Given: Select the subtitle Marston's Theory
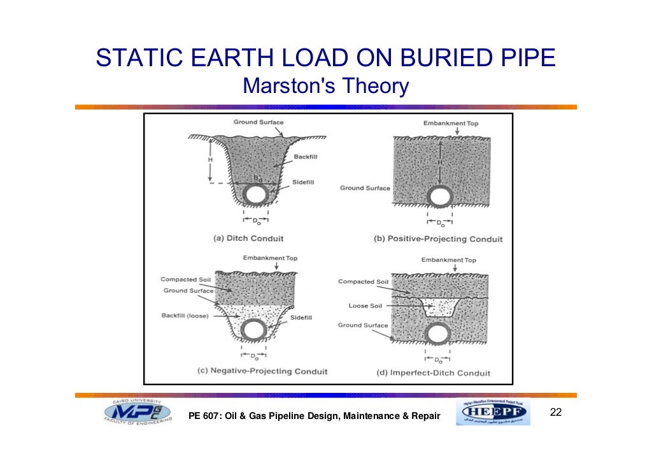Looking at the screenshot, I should tap(325, 85).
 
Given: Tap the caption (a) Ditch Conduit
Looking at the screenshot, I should tap(248, 238).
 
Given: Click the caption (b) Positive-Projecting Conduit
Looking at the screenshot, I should tap(438, 239).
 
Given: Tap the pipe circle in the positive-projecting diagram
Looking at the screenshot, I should tap(439, 195).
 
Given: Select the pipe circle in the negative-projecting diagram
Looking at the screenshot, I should tap(254, 330).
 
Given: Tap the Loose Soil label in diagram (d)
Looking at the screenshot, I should tap(365, 306).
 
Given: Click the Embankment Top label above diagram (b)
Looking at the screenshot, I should tap(450, 123).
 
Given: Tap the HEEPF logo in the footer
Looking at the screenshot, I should tap(493, 414).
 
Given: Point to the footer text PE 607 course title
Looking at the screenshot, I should tap(315, 416).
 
